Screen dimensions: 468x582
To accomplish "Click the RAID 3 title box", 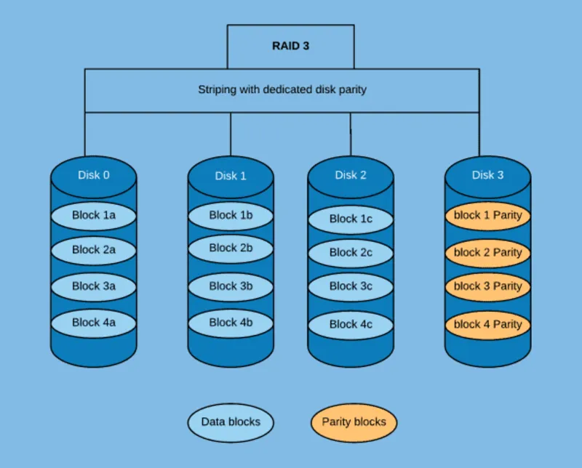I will coord(291,46).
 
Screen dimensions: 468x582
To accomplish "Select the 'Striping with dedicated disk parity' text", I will coord(282,90).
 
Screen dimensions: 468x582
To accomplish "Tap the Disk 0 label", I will coord(94,175).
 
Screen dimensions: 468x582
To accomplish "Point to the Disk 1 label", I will coord(231,176).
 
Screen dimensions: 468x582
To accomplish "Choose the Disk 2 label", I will coord(351,175).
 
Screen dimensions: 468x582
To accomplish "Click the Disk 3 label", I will coord(487,175).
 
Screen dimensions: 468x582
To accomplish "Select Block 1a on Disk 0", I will coord(94,215).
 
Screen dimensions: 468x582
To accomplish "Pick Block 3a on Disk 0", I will coord(94,286).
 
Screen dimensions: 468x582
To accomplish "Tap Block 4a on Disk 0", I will coord(94,323).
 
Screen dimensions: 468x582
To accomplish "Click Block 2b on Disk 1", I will coord(231,248).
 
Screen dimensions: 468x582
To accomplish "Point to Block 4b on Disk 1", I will coord(231,323).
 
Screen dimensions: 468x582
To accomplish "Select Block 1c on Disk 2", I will coord(351,219).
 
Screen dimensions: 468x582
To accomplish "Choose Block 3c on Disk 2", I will coord(351,286).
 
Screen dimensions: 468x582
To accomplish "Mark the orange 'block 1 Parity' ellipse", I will coord(487,216).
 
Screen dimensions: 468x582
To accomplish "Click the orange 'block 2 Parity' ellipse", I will coord(487,253).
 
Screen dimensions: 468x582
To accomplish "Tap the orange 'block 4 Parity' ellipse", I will coord(487,324).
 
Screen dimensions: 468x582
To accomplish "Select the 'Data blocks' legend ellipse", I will coord(231,422).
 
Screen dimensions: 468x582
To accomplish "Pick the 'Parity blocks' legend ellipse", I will coord(354,422).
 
